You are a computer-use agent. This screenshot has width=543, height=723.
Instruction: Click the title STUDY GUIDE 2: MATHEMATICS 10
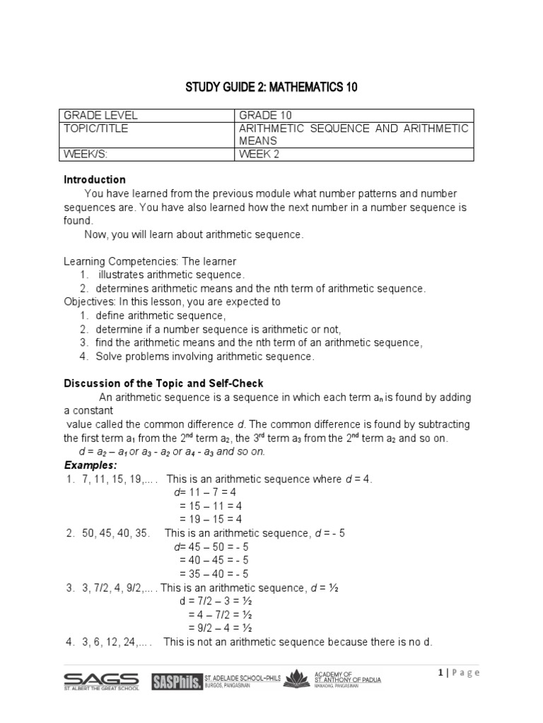272,87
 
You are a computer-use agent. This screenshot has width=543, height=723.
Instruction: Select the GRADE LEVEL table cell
100,115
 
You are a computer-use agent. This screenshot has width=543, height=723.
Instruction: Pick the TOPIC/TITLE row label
96,129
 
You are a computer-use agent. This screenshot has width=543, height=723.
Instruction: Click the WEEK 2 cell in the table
260,155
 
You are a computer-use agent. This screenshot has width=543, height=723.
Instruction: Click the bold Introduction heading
95,179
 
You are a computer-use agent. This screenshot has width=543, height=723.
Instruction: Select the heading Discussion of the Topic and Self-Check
163,383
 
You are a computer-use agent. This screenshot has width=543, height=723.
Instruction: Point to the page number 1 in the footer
441,672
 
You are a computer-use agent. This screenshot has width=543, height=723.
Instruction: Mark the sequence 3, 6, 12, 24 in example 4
112,642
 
